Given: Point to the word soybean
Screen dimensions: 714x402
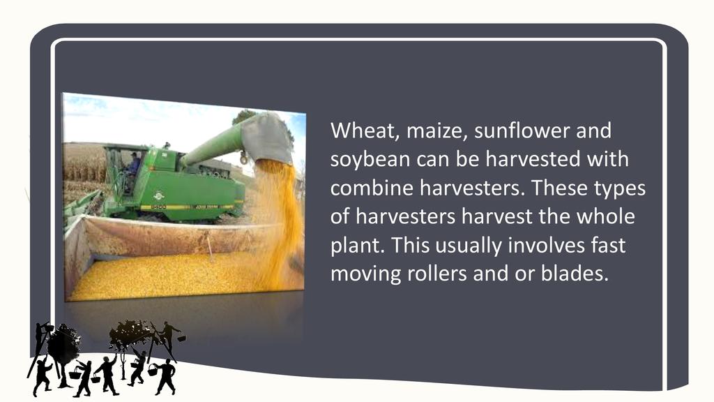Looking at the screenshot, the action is (x=370, y=160).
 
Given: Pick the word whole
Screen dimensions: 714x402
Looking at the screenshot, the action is (x=606, y=216).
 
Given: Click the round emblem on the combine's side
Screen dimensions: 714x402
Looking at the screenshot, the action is (x=158, y=196).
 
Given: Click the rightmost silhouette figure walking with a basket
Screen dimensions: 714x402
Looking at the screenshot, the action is (x=165, y=375).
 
